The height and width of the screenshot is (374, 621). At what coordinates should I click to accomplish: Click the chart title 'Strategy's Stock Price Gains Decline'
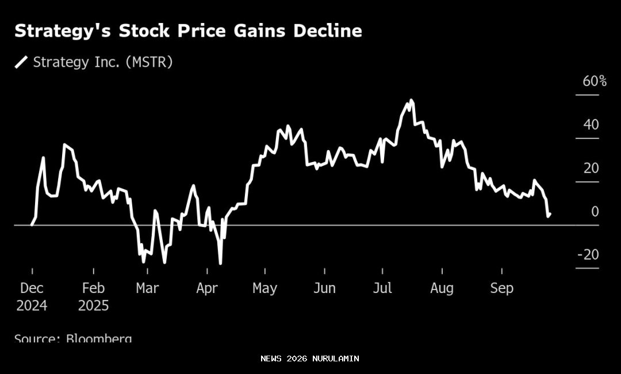pyautogui.click(x=188, y=31)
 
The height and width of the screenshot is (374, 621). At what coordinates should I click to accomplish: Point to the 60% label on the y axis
pyautogui.click(x=595, y=82)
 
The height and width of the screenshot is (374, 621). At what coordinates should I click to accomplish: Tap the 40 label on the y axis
pyautogui.click(x=591, y=125)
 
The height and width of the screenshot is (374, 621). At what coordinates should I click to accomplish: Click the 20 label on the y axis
pyautogui.click(x=591, y=168)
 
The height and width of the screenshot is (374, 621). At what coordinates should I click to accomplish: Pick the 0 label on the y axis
pyautogui.click(x=595, y=211)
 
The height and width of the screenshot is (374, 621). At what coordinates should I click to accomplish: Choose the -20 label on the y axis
pyautogui.click(x=588, y=255)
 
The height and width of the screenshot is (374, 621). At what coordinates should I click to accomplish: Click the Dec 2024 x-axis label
pyautogui.click(x=32, y=296)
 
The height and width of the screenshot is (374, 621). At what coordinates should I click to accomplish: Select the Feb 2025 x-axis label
pyautogui.click(x=93, y=296)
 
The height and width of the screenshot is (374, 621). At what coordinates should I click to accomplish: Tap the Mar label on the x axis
pyautogui.click(x=147, y=288)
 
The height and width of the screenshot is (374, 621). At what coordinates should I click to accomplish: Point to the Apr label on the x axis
pyautogui.click(x=207, y=288)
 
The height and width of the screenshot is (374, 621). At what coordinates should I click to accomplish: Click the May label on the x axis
pyautogui.click(x=264, y=288)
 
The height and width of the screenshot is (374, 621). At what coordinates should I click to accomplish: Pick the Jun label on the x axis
pyautogui.click(x=324, y=288)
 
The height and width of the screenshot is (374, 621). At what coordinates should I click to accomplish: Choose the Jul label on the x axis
pyautogui.click(x=382, y=288)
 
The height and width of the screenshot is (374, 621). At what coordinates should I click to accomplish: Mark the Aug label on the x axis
pyautogui.click(x=442, y=288)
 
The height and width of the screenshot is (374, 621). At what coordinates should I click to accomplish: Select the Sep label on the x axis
pyautogui.click(x=501, y=288)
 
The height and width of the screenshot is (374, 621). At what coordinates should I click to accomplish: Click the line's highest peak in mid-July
pyautogui.click(x=411, y=101)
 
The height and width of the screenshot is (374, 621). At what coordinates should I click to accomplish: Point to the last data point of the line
pyautogui.click(x=550, y=214)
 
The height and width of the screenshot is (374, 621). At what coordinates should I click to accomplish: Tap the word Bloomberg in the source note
pyautogui.click(x=98, y=338)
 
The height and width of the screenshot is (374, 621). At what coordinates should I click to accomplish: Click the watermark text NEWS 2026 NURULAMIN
pyautogui.click(x=309, y=358)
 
